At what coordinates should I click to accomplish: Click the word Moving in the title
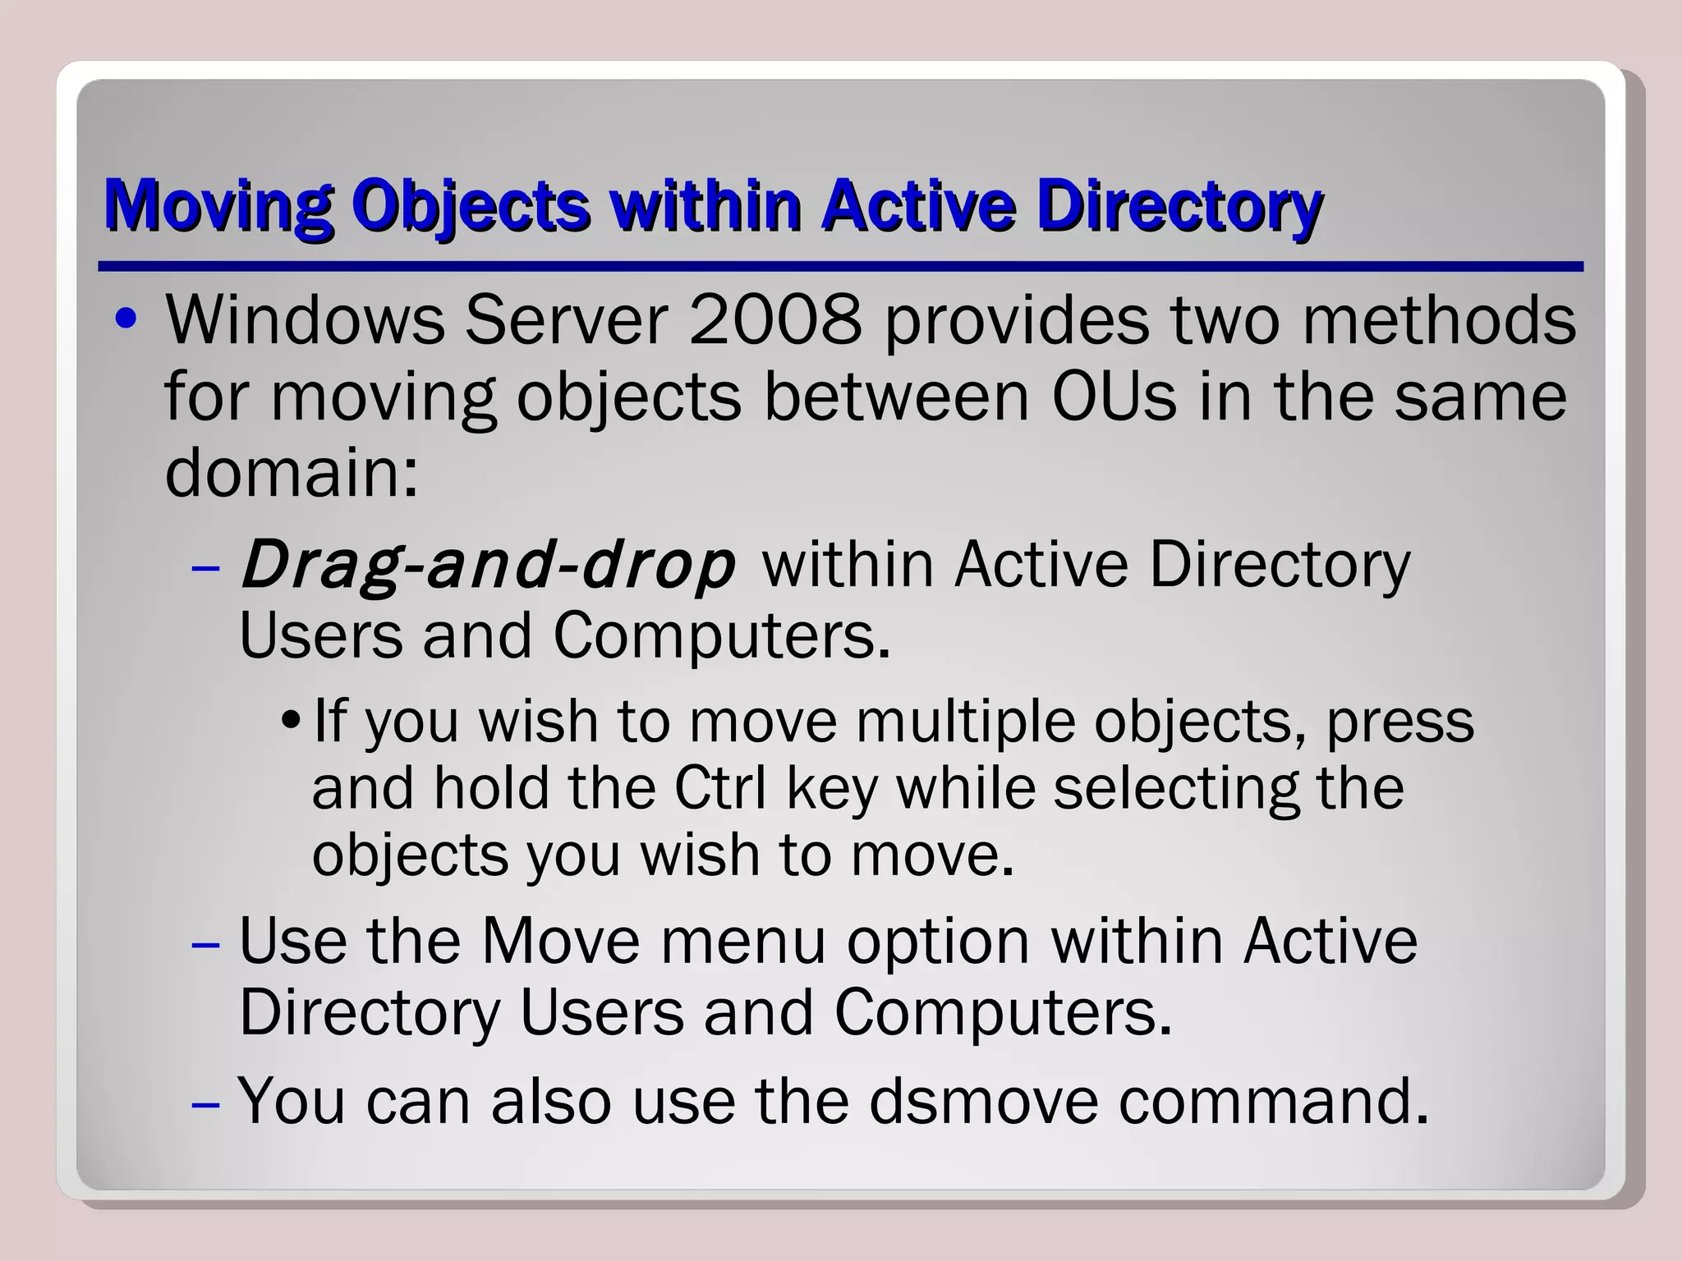coord(218,205)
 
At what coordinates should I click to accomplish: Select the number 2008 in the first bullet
coord(775,320)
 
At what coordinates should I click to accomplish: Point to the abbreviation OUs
coord(1113,397)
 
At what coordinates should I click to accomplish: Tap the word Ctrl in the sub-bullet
coord(720,788)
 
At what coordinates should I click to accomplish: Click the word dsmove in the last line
coord(983,1100)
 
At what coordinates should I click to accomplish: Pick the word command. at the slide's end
coord(1274,1100)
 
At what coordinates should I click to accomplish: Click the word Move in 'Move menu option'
coord(560,941)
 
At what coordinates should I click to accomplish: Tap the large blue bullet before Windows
coord(126,320)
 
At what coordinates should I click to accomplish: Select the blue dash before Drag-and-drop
coord(205,568)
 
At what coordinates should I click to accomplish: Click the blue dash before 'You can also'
coord(205,1103)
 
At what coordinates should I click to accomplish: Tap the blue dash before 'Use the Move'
coord(205,944)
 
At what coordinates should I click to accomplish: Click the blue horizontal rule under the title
coord(840,267)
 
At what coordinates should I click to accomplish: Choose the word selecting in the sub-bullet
coord(1175,788)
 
